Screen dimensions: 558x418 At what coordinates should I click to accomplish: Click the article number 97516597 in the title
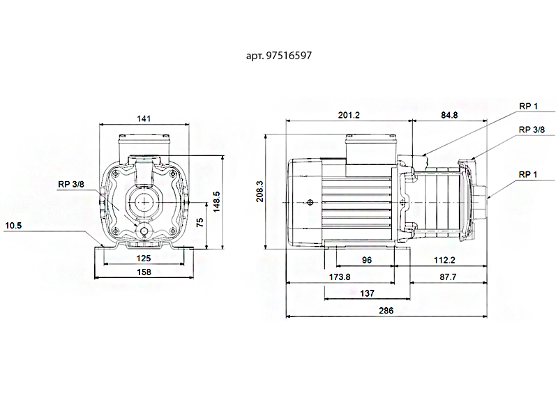[x=289, y=56]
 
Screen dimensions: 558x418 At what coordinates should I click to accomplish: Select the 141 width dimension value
[x=144, y=118]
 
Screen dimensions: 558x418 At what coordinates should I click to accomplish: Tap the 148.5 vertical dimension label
[x=216, y=202]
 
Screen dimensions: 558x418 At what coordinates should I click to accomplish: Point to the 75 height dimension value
[x=200, y=223]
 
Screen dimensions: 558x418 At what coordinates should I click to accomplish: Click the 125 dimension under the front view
[x=144, y=258]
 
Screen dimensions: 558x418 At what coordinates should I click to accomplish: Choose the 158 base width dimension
[x=144, y=272]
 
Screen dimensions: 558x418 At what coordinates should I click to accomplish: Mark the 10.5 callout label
[x=13, y=226]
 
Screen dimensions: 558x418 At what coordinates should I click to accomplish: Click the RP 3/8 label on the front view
[x=71, y=185]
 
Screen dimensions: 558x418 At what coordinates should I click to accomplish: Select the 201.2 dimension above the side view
[x=349, y=115]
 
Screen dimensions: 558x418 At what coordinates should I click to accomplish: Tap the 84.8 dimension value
[x=449, y=115]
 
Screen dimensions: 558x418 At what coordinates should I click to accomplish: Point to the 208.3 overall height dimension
[x=260, y=191]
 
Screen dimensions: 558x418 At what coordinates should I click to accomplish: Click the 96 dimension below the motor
[x=367, y=260]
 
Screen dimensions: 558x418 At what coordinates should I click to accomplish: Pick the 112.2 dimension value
[x=444, y=260]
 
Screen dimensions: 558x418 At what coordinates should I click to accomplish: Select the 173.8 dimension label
[x=340, y=277]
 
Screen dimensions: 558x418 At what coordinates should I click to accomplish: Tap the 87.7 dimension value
[x=448, y=277]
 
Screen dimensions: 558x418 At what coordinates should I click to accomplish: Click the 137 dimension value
[x=367, y=293]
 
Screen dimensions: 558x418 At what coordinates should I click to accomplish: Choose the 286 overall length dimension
[x=386, y=311]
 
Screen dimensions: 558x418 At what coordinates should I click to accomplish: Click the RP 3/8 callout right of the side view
[x=531, y=130]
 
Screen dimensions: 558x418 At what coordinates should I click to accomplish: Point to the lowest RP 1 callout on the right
[x=528, y=175]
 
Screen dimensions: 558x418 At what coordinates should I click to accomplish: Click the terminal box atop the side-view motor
[x=370, y=149]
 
